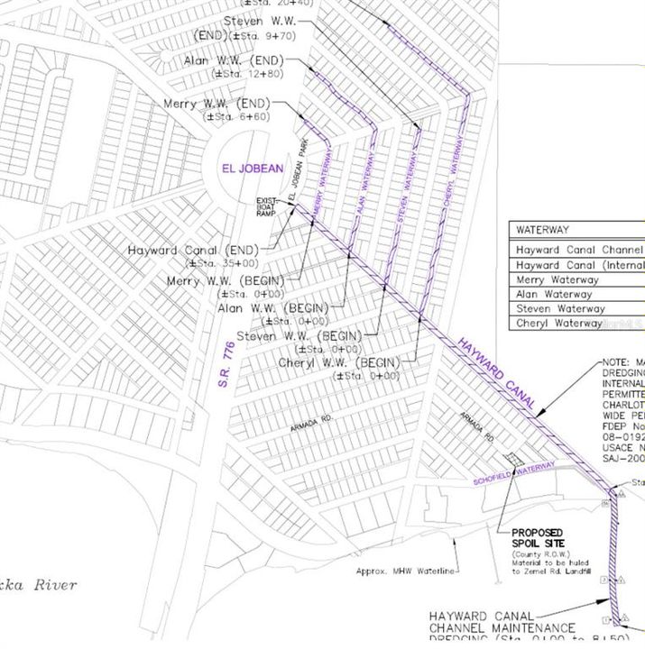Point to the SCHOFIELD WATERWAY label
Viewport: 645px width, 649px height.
(513, 475)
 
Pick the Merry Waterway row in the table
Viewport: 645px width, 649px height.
(557, 279)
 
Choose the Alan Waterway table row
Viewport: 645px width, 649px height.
(554, 294)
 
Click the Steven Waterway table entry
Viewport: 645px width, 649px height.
(559, 308)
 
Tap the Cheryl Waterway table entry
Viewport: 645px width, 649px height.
(559, 323)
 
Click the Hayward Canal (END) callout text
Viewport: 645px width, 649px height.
(193, 250)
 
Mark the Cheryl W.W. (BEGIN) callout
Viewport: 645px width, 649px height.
(345, 362)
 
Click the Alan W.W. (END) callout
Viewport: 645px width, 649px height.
(234, 60)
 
